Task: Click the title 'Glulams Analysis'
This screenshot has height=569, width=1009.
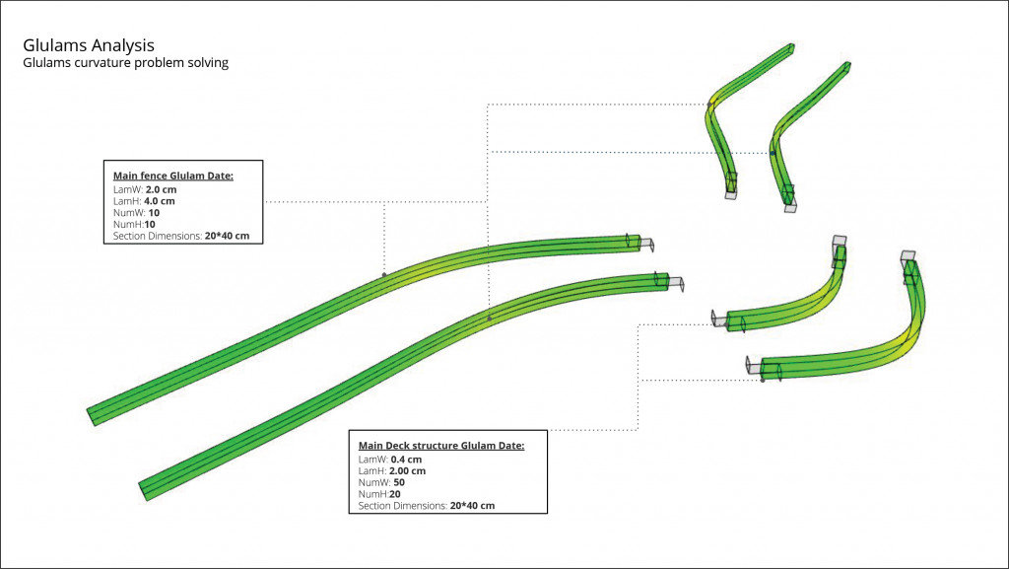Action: pos(88,45)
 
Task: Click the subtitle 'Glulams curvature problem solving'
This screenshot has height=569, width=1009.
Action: pos(125,63)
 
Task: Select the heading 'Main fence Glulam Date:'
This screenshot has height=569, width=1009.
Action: pos(173,176)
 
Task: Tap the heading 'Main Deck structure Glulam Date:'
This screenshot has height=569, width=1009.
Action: pos(441,446)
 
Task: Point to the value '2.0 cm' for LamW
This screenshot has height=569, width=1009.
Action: pos(161,188)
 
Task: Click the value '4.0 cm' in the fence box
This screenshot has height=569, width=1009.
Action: pos(160,200)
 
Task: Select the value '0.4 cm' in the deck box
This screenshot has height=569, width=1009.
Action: pos(406,460)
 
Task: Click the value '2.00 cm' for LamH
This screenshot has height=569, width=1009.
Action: pos(407,471)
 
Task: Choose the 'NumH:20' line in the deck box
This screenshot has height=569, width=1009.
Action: pos(379,494)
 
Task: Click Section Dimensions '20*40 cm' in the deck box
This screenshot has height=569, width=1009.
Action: pos(472,506)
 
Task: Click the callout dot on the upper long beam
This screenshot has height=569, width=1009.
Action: pos(384,275)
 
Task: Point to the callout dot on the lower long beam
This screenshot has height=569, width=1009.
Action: pos(490,319)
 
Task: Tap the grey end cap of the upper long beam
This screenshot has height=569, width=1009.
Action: pos(645,244)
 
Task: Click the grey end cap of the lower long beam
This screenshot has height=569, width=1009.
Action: pos(676,283)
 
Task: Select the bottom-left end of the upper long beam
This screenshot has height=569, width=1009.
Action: pos(94,415)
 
